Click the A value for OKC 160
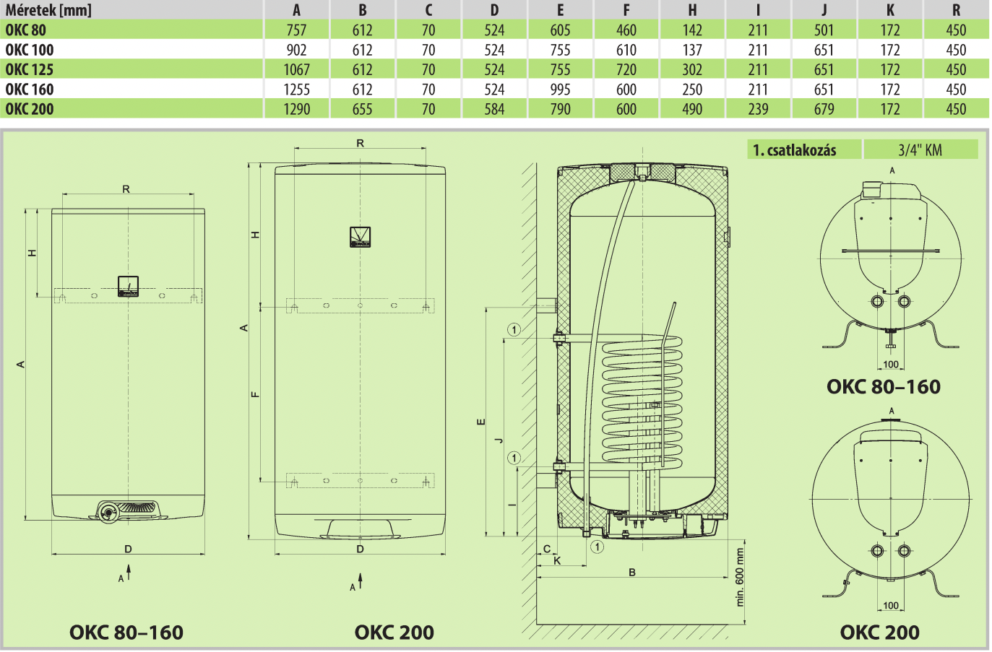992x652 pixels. pos(296,90)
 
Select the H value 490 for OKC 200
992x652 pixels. pos(692,109)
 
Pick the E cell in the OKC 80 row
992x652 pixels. pos(560,30)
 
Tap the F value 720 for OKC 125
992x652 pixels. pos(626,69)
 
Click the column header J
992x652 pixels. pos(824,9)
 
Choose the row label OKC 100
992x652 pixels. pos(29,50)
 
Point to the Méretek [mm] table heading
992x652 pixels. pos(48,9)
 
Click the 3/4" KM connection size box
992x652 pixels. pos(920,149)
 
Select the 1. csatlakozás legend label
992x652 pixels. pos(795,150)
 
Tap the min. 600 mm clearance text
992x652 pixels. pos(739,577)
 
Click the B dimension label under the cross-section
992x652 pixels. pos(632,573)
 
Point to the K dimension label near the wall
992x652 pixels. pos(557,561)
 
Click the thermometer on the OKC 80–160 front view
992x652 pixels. pos(128,287)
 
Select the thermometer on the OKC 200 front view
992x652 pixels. pos(360,237)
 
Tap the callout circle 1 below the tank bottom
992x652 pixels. pos(597,547)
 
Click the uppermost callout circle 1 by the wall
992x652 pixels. pos(514,330)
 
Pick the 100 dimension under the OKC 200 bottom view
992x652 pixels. pos(891,606)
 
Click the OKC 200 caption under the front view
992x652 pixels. pos(394,632)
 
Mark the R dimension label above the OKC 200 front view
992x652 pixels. pos(360,144)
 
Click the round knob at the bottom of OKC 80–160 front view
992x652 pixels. pos(108,512)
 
